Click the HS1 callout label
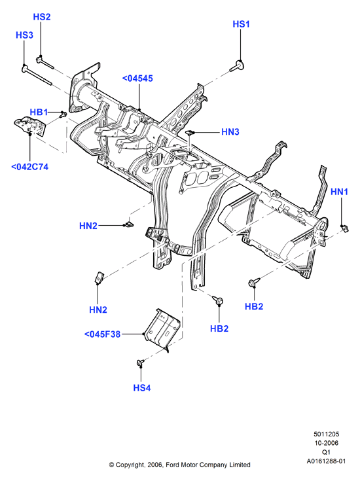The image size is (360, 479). tap(241, 24)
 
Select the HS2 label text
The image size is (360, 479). tap(42, 17)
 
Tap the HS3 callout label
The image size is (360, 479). tap(24, 35)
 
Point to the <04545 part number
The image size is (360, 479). tap(137, 79)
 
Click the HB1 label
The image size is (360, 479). tap(39, 113)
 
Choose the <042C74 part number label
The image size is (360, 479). tap(30, 167)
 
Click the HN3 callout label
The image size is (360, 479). tap(230, 132)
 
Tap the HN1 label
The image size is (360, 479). tap(340, 192)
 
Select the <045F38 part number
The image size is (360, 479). tap(102, 334)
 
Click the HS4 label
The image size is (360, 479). tap(142, 388)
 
